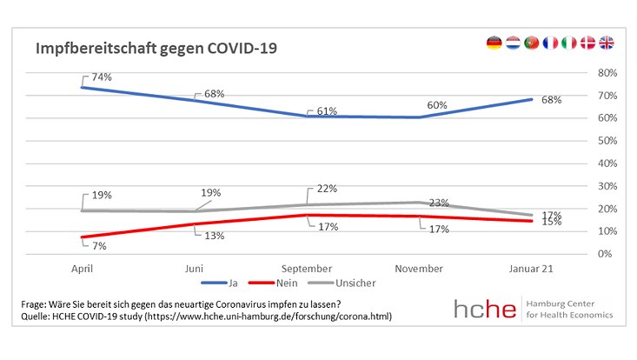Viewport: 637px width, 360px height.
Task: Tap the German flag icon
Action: coord(494,43)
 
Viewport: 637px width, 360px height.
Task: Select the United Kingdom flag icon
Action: coord(607,43)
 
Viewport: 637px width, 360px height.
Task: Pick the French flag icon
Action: coord(550,43)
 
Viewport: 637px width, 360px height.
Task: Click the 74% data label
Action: coord(103,77)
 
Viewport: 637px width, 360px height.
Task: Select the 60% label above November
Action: coord(437,105)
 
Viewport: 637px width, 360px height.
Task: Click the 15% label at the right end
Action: coord(550,222)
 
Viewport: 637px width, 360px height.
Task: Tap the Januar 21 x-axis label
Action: coord(532,269)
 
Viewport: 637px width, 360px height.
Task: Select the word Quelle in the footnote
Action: coord(37,317)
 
